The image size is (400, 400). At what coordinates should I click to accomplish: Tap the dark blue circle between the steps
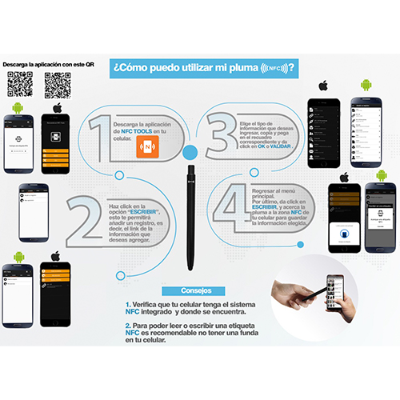point(190,151)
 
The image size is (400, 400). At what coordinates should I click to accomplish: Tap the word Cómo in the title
point(138,68)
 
